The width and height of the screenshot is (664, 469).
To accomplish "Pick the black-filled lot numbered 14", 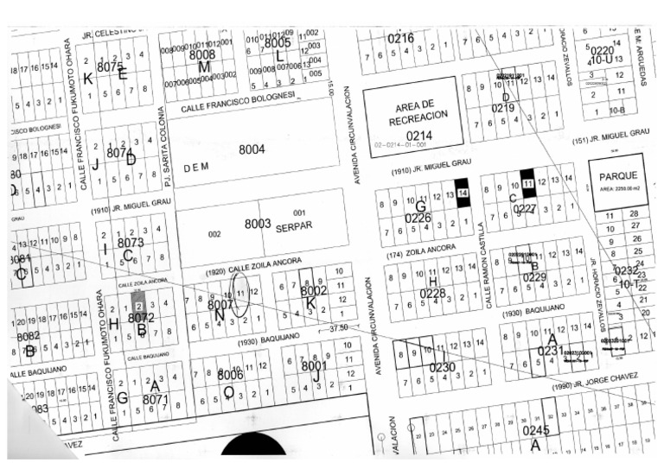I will pyautogui.click(x=463, y=193).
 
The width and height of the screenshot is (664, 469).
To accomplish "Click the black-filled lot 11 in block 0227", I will pyautogui.click(x=527, y=183).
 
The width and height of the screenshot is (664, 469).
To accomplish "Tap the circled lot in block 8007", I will pyautogui.click(x=241, y=293).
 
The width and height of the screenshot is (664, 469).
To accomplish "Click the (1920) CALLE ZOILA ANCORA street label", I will pyautogui.click(x=245, y=270).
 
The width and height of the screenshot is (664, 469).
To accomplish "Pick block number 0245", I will pyautogui.click(x=535, y=430).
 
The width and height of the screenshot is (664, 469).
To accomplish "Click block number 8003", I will pyautogui.click(x=258, y=224).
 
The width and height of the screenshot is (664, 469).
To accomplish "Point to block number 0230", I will pyautogui.click(x=442, y=367).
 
